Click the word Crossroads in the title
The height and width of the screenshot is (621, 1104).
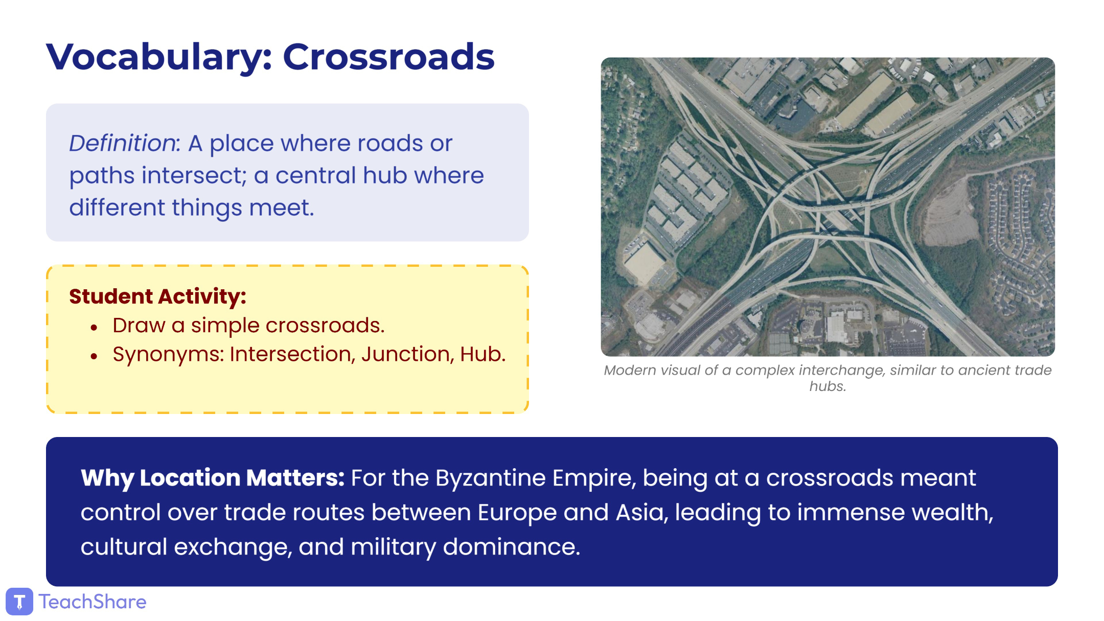pos(388,56)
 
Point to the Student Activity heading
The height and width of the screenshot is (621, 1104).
pos(157,296)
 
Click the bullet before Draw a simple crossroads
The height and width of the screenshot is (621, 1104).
pos(94,327)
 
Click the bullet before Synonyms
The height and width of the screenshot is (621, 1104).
pos(94,356)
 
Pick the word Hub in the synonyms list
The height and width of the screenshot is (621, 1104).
pos(483,354)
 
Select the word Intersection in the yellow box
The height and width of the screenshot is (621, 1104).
pos(292,354)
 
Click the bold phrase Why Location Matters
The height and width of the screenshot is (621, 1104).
pos(213,478)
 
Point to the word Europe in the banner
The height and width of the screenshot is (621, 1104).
pos(517,512)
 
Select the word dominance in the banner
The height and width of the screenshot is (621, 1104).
pos(512,547)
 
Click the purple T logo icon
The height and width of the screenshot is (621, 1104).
pos(19,602)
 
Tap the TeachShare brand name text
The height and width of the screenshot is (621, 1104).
pos(93,602)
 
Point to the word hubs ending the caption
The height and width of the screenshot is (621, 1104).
pos(827,386)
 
